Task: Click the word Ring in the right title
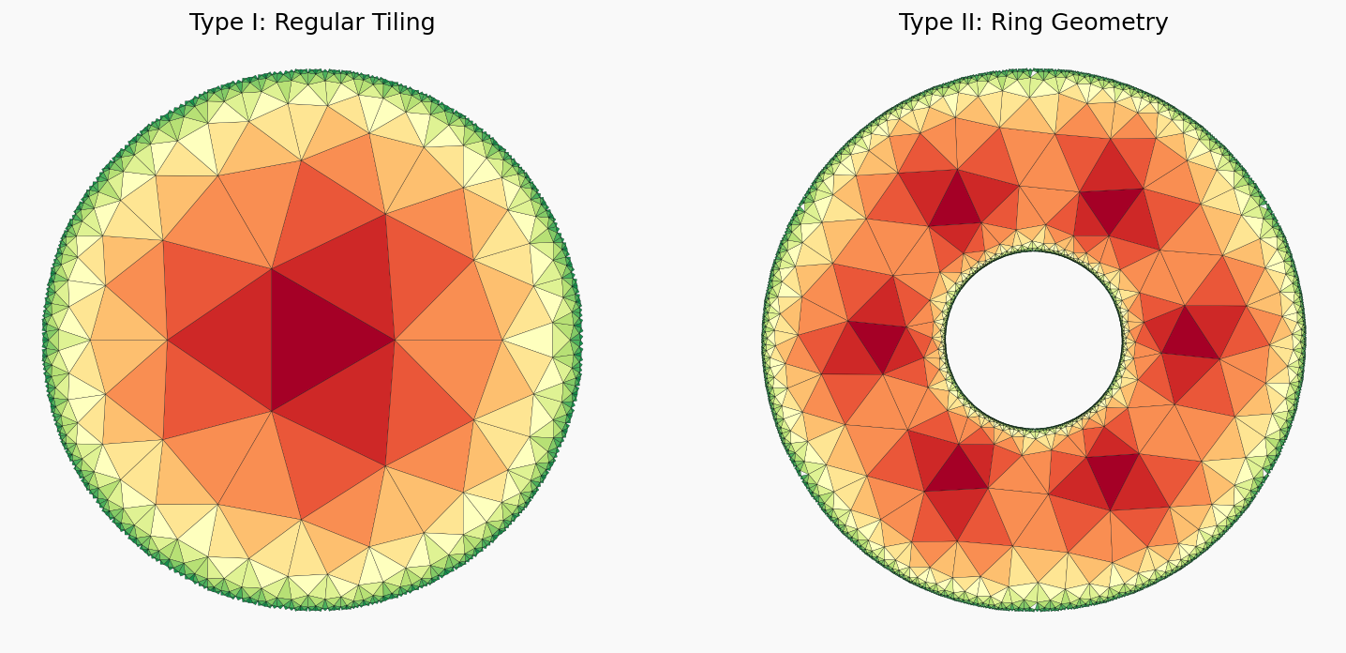1016,23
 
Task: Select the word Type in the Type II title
924,23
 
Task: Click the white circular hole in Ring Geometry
1033,339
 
